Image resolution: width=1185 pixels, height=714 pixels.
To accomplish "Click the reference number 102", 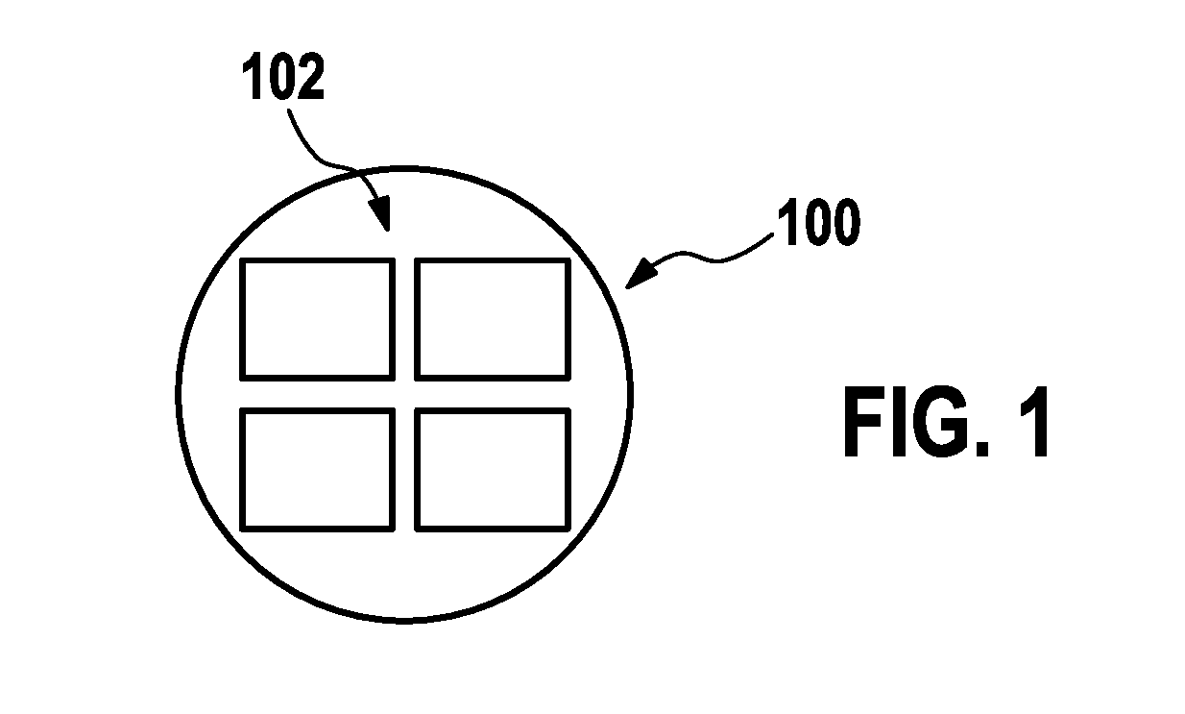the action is tap(283, 76).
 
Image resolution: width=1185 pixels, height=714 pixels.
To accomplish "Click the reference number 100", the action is tap(818, 222).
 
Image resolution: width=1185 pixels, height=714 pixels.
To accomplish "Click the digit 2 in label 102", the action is tap(310, 76).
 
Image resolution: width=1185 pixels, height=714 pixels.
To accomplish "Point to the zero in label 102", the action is tap(281, 76).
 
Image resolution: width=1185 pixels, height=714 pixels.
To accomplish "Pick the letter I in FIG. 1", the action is tap(894, 421).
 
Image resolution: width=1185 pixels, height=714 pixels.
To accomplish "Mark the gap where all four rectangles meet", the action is tap(405, 394).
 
